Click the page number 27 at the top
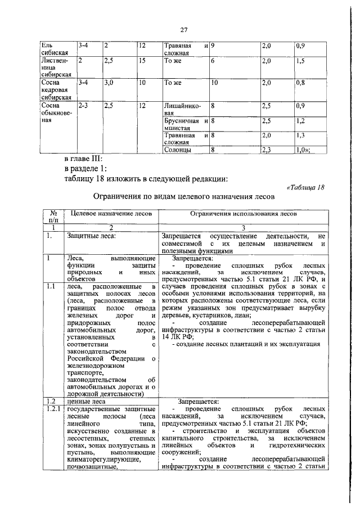183,29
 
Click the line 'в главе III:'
88,159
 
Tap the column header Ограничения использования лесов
243,214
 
